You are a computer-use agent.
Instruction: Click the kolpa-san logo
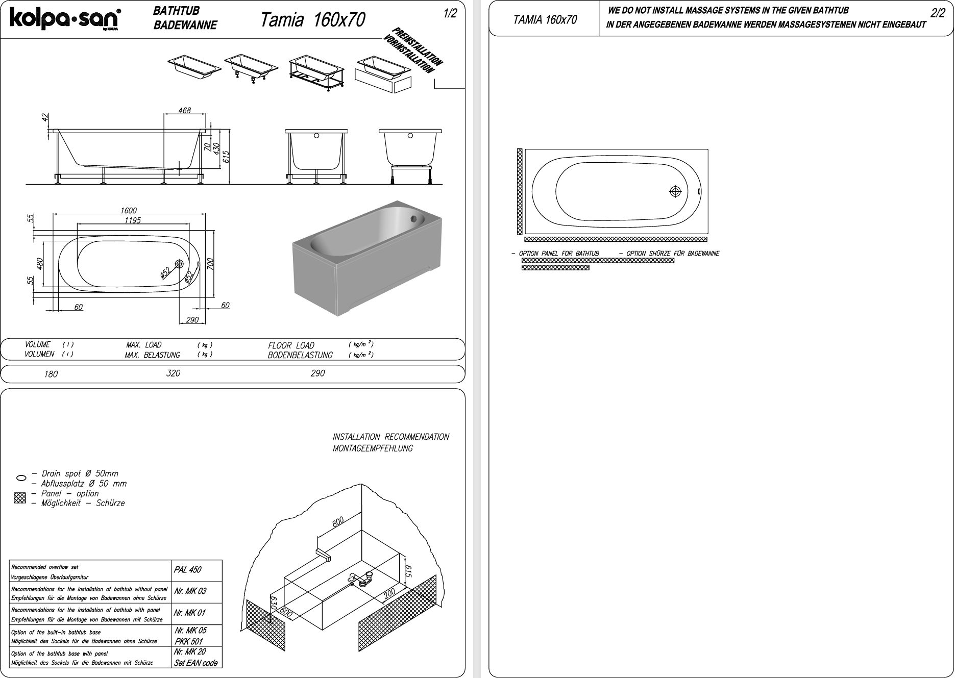click(x=65, y=19)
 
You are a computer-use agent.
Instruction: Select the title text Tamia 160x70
click(x=312, y=20)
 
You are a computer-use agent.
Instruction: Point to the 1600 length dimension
click(x=129, y=210)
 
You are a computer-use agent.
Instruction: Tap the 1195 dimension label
click(x=132, y=220)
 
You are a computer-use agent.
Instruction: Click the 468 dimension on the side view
click(x=184, y=110)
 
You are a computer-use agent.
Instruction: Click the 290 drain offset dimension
click(x=192, y=320)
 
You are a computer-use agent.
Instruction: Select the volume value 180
click(x=51, y=374)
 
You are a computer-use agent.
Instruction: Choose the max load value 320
click(x=173, y=373)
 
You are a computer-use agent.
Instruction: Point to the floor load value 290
click(x=317, y=373)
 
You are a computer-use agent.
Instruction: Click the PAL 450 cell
click(x=188, y=570)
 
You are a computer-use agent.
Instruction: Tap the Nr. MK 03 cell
click(x=190, y=591)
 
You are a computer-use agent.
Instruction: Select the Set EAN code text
click(x=195, y=663)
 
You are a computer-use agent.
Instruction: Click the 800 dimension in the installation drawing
click(x=338, y=522)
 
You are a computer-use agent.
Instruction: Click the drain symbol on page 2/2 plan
click(x=675, y=192)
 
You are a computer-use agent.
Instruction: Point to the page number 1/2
click(x=450, y=14)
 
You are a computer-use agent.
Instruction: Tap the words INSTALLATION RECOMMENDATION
click(x=391, y=437)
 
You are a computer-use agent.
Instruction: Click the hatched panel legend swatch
click(x=20, y=498)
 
